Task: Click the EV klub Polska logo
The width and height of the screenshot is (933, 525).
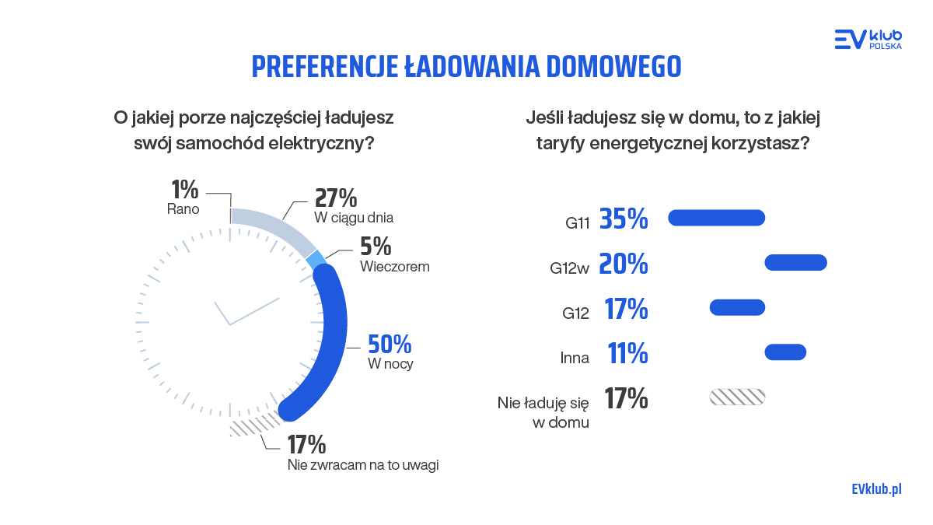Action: point(868,40)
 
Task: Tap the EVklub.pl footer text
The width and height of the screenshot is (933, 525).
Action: point(876,489)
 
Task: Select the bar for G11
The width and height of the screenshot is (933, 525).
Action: point(716,218)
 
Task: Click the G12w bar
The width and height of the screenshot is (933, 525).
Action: point(795,263)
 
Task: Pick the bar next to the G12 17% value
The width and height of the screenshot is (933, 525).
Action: point(737,307)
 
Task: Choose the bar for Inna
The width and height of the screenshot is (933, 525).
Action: point(785,352)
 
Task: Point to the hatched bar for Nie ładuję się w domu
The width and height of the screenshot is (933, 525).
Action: point(737,397)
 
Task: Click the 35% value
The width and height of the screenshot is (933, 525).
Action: point(624,219)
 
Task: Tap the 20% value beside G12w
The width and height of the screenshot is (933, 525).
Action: point(624,264)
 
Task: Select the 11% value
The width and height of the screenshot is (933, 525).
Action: point(627,353)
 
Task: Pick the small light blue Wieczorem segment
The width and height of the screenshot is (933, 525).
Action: point(316,260)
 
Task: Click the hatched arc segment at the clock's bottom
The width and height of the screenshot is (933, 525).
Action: point(255,425)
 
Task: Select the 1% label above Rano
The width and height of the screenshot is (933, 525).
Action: point(185,190)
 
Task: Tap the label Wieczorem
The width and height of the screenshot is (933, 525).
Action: point(395,267)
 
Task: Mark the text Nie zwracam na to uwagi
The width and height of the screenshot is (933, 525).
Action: point(363,465)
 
